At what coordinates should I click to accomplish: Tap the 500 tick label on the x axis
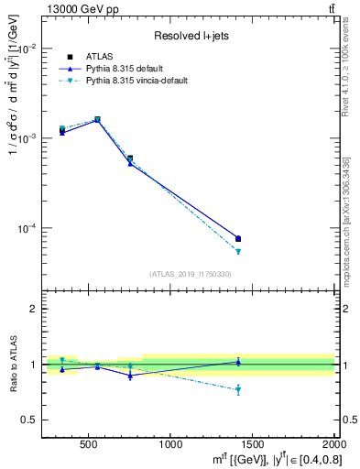(x=89, y=444)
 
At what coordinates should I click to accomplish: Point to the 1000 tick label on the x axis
(x=170, y=444)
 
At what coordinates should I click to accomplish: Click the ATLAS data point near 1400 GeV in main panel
(x=238, y=239)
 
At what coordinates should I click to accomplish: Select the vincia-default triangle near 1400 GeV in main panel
(x=238, y=251)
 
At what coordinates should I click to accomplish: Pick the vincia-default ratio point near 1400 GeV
(x=238, y=390)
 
